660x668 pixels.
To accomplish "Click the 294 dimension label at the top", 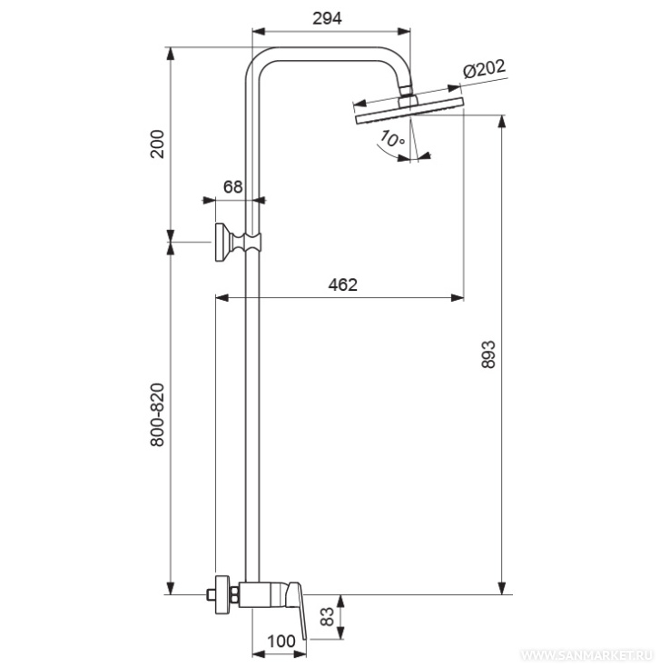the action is pyautogui.click(x=327, y=18).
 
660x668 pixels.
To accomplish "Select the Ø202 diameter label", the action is pyautogui.click(x=484, y=69).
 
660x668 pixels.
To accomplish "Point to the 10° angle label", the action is pyautogui.click(x=392, y=138).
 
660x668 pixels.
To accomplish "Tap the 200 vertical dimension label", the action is pyautogui.click(x=157, y=144).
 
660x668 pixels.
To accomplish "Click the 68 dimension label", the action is pyautogui.click(x=232, y=186).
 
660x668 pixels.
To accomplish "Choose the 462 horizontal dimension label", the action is pyautogui.click(x=343, y=284).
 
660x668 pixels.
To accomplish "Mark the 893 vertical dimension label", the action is pyautogui.click(x=488, y=354).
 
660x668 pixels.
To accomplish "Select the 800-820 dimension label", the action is pyautogui.click(x=157, y=414).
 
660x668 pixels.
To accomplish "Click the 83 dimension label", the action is pyautogui.click(x=327, y=616).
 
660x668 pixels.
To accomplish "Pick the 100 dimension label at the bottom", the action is pyautogui.click(x=281, y=641).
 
